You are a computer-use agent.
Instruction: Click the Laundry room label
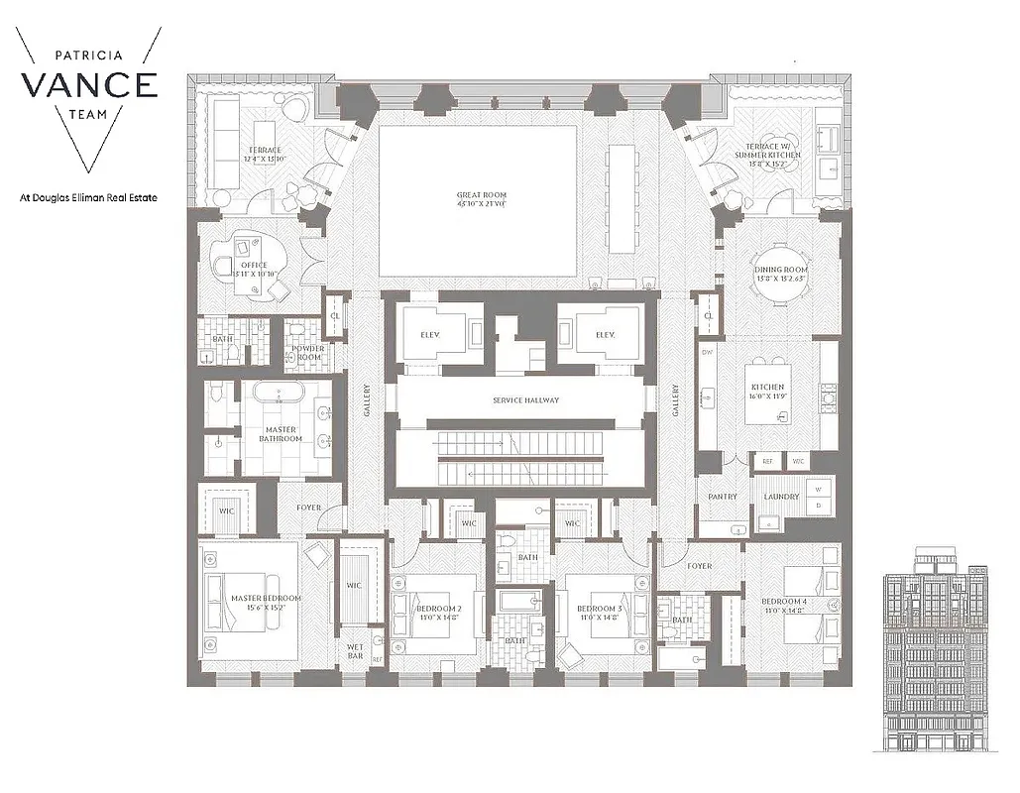tap(781, 497)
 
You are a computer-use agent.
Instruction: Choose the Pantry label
tap(721, 497)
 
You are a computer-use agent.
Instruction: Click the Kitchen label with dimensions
tap(768, 392)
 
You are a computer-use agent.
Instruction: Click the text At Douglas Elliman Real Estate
tap(88, 197)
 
